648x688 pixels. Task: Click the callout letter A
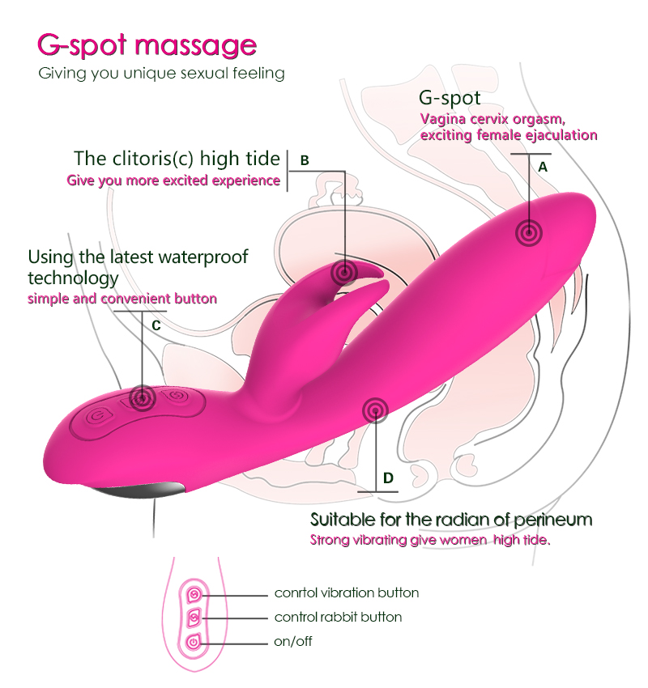[x=543, y=167]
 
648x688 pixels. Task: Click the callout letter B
[x=305, y=160]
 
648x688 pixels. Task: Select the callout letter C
[x=156, y=325]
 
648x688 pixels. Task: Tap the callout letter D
[x=388, y=478]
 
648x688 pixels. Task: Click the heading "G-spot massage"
[x=147, y=45]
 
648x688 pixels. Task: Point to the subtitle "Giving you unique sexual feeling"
[x=161, y=74]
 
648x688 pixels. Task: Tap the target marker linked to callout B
[x=347, y=270]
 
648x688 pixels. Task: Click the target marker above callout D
[x=376, y=411]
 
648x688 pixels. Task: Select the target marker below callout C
[x=143, y=397]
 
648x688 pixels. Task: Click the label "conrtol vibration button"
[x=346, y=592]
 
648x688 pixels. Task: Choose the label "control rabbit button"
[x=338, y=617]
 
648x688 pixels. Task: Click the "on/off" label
[x=292, y=642]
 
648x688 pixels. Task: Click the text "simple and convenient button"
[x=122, y=299]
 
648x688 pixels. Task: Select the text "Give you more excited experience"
[x=173, y=180]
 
